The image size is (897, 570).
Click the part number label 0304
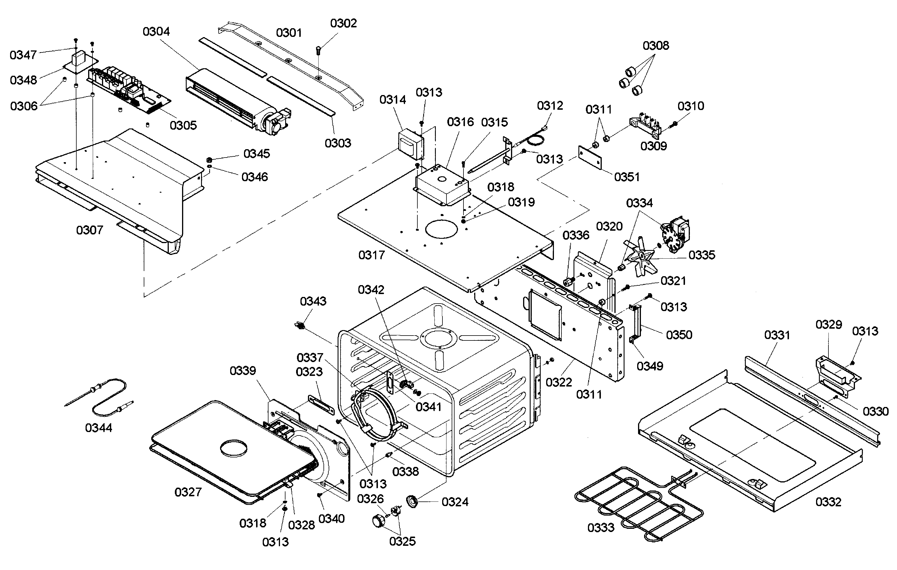pos(156,32)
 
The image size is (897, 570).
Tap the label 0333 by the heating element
pos(601,528)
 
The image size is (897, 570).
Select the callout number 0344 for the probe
pos(98,428)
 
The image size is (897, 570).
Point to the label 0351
pos(627,177)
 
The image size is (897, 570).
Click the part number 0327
pos(188,492)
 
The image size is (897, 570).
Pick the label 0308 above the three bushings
pos(656,46)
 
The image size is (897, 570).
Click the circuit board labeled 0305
pos(128,89)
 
